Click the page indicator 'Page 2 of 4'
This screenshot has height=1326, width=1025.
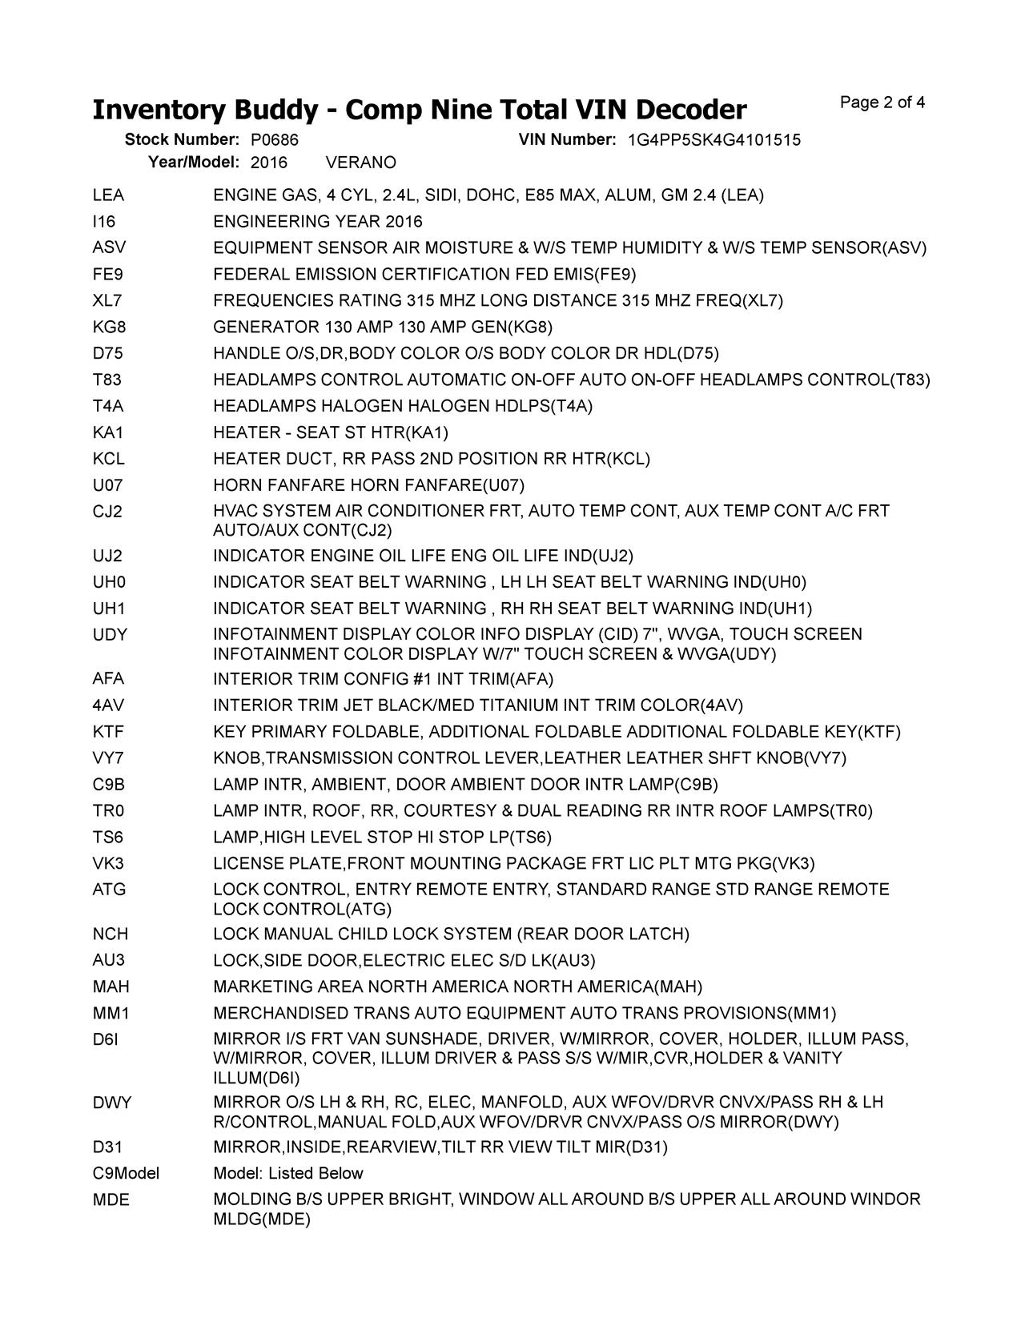[x=882, y=102]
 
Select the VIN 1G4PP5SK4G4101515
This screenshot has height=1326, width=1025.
[x=713, y=140]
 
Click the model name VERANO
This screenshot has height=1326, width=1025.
[x=361, y=163]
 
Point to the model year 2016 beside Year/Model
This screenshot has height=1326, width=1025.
[x=268, y=163]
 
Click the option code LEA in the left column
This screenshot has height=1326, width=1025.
[x=108, y=195]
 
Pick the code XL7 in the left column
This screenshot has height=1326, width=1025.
[x=107, y=301]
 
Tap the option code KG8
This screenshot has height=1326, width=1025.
[x=109, y=327]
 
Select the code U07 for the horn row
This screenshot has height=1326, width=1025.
[x=107, y=485]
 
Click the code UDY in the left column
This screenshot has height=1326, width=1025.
[x=110, y=635]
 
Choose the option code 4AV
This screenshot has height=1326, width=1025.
[x=108, y=705]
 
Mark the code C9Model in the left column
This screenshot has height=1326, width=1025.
[x=126, y=1174]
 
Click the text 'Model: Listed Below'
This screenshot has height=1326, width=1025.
[x=287, y=1174]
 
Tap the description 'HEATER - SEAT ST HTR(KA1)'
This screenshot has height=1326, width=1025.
[x=331, y=433]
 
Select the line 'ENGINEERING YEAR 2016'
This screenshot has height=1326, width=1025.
[x=318, y=222]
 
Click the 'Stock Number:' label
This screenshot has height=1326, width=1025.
[x=182, y=140]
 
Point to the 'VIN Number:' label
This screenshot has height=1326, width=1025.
[x=567, y=140]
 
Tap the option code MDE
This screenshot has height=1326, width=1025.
[x=111, y=1200]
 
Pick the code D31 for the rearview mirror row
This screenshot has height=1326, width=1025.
[x=107, y=1147]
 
